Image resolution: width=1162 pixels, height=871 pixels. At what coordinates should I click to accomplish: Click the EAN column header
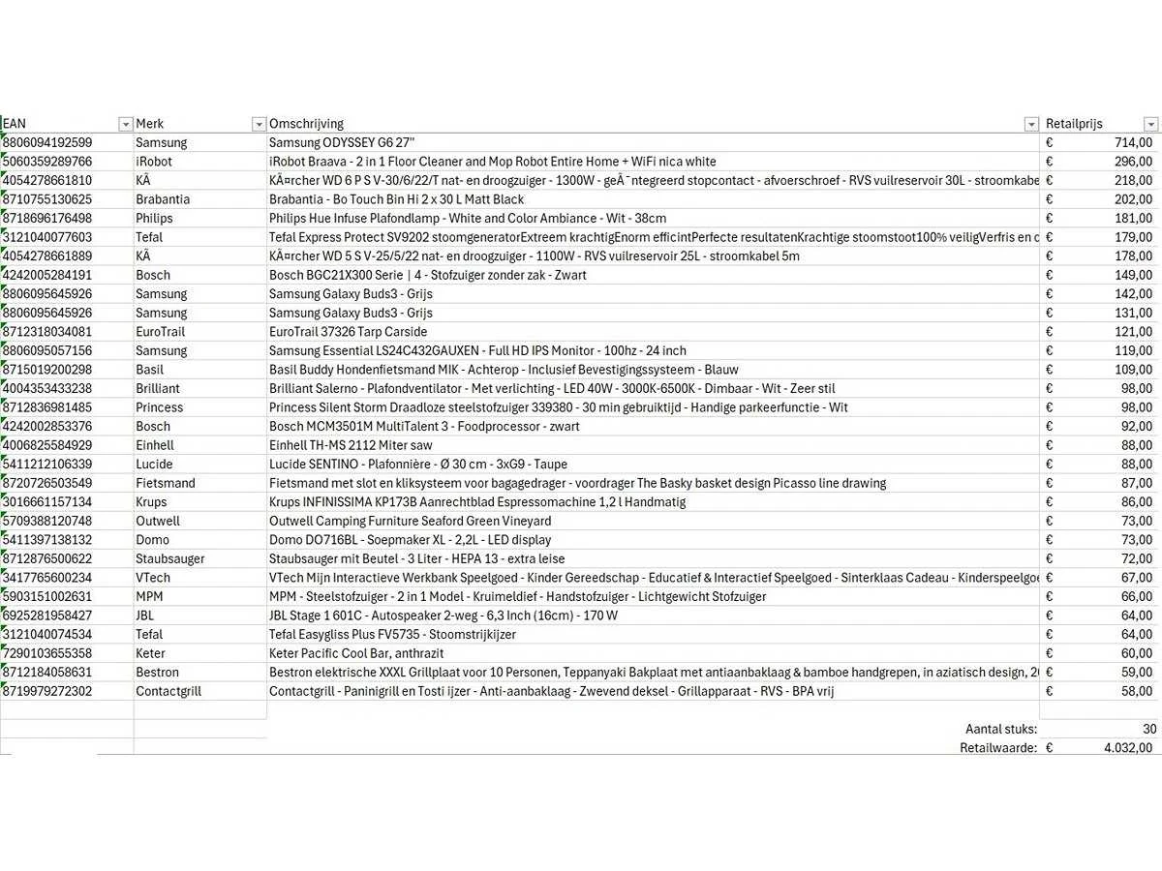pyautogui.click(x=15, y=124)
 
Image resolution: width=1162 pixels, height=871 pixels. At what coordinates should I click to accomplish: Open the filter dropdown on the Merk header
pyautogui.click(x=259, y=124)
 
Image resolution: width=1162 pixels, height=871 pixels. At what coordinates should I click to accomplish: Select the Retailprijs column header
pyautogui.click(x=1074, y=124)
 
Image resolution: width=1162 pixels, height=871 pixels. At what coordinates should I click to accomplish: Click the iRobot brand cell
pyautogui.click(x=154, y=162)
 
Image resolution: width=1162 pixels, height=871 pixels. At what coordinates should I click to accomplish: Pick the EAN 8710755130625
pyautogui.click(x=47, y=199)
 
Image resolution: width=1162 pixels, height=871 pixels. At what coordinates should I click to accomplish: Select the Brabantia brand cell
pyautogui.click(x=163, y=199)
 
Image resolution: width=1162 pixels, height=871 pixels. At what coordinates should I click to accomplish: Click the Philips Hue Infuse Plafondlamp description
pyautogui.click(x=468, y=218)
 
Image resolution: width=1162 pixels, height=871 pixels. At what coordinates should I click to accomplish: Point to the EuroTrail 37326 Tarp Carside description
pyautogui.click(x=348, y=332)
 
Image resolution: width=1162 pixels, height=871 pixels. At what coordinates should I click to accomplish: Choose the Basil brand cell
pyautogui.click(x=150, y=370)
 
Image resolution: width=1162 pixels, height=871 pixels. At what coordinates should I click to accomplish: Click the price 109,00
pyautogui.click(x=1132, y=370)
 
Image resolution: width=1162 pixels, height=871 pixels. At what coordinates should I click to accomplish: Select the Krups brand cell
pyautogui.click(x=151, y=502)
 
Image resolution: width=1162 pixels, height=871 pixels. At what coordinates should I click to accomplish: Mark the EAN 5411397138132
pyautogui.click(x=47, y=540)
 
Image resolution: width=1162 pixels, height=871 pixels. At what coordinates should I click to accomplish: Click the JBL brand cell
pyautogui.click(x=146, y=616)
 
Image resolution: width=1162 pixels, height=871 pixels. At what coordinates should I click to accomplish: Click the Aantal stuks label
pyautogui.click(x=1000, y=729)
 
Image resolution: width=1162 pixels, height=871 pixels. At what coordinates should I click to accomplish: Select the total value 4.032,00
pyautogui.click(x=1127, y=747)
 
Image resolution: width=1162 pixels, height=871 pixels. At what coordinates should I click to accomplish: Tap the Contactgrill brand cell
pyautogui.click(x=168, y=691)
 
